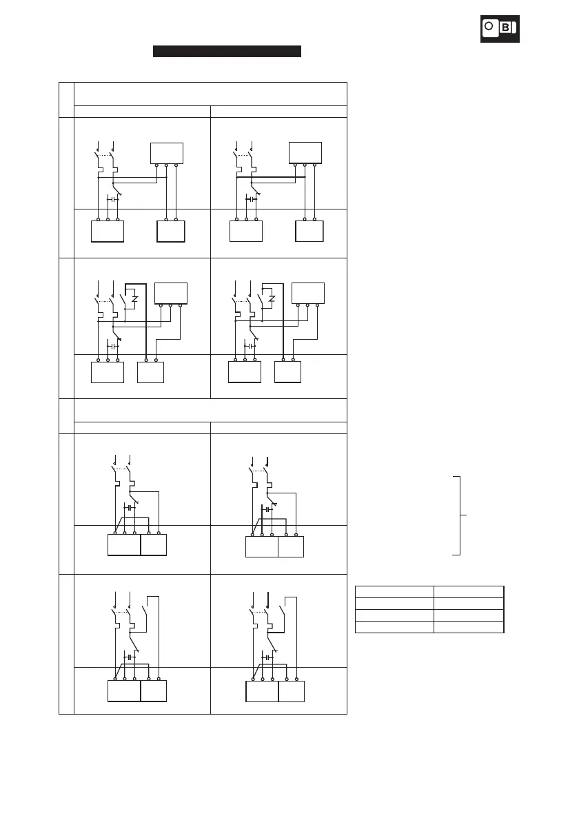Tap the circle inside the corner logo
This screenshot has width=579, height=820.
pos(489,27)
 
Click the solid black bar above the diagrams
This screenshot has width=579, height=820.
pos(227,51)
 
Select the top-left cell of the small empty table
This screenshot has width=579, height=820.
pos(394,591)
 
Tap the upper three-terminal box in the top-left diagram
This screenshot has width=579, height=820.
pos(167,152)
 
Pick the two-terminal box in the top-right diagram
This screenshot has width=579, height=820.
pos(309,231)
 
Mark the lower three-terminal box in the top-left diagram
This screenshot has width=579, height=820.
pos(108,231)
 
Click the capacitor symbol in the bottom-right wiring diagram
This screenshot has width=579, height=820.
pos(265,657)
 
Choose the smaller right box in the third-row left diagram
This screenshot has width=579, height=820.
pos(153,545)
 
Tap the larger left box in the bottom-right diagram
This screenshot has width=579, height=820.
pos(262,690)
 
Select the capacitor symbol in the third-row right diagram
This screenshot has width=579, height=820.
pos(265,510)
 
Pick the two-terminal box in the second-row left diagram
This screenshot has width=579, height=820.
pos(150,373)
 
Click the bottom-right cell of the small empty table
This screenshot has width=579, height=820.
pos(469,626)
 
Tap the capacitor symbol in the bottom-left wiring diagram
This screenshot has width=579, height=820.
pos(128,657)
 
